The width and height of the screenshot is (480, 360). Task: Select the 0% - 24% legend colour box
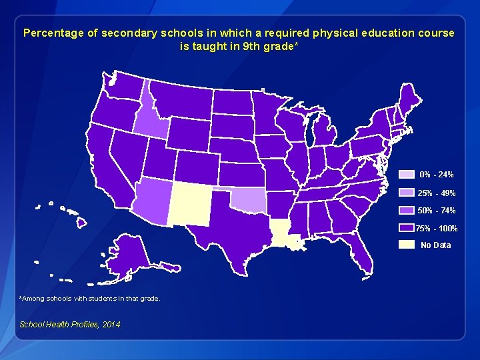406,175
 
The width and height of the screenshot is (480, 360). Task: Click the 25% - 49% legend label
436,193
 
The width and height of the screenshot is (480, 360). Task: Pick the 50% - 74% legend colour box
406,210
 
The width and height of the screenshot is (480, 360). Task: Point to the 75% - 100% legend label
437,229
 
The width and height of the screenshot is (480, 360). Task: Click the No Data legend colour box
406,245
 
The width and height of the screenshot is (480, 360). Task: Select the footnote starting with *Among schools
89,299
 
